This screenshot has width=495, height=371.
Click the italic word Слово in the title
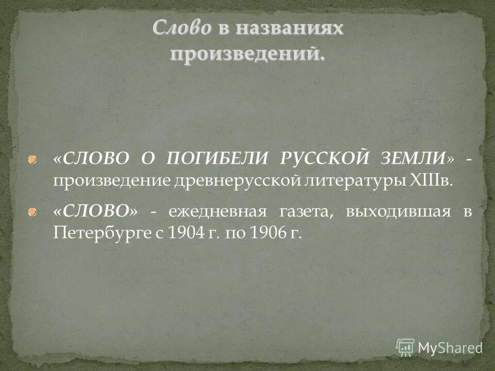[181, 29]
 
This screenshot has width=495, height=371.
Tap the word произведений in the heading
[248, 54]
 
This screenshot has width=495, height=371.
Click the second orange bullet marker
[32, 211]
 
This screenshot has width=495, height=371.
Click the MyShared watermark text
[450, 348]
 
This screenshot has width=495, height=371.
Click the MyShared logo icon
[406, 347]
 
